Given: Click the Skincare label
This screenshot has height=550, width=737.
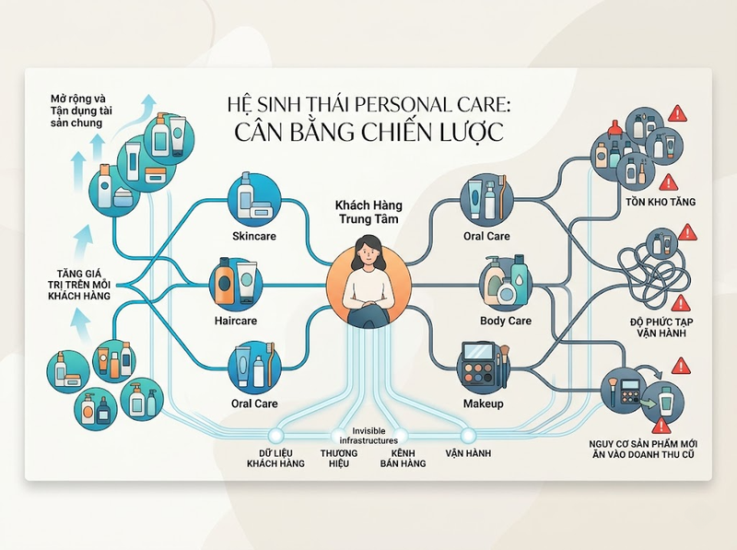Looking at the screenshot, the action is pos(254,236).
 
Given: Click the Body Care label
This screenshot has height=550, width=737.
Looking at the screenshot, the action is pos(505,322).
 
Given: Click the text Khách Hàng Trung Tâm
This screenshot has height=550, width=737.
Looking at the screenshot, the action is pos(368,212).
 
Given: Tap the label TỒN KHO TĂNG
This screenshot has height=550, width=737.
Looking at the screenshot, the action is pos(661,202).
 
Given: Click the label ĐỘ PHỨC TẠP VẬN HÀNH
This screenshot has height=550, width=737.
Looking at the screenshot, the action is pos(661,327).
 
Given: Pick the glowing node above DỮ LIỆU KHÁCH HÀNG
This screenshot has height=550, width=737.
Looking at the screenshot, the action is pos(275,435).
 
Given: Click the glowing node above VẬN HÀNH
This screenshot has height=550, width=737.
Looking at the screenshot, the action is pos(468,435).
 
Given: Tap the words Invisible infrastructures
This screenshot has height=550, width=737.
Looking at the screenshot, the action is pos(368,436).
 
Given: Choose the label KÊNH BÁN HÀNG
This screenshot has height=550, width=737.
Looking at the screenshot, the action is pos(403,459).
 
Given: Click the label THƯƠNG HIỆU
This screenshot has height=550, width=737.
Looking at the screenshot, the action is pos(339,459).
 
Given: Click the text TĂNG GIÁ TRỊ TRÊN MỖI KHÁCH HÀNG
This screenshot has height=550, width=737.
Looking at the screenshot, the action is pos(79,285).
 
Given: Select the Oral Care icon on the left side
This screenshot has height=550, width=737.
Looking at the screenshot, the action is pos(254,368).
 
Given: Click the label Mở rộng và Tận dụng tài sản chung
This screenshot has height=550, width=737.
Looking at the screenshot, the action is pos(78,111).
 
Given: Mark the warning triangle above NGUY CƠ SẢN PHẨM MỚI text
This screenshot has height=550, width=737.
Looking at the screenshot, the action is pos(661,426).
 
